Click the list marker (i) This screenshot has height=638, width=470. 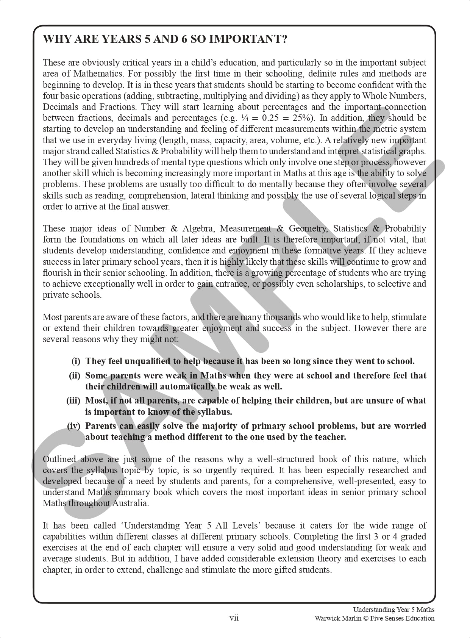[76, 361]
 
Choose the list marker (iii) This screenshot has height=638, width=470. [73, 400]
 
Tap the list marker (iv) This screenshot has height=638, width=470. [74, 426]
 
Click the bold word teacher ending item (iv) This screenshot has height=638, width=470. [331, 437]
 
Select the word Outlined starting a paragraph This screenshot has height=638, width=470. [59, 459]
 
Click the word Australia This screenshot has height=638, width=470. [130, 503]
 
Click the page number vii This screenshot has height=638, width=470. [234, 618]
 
